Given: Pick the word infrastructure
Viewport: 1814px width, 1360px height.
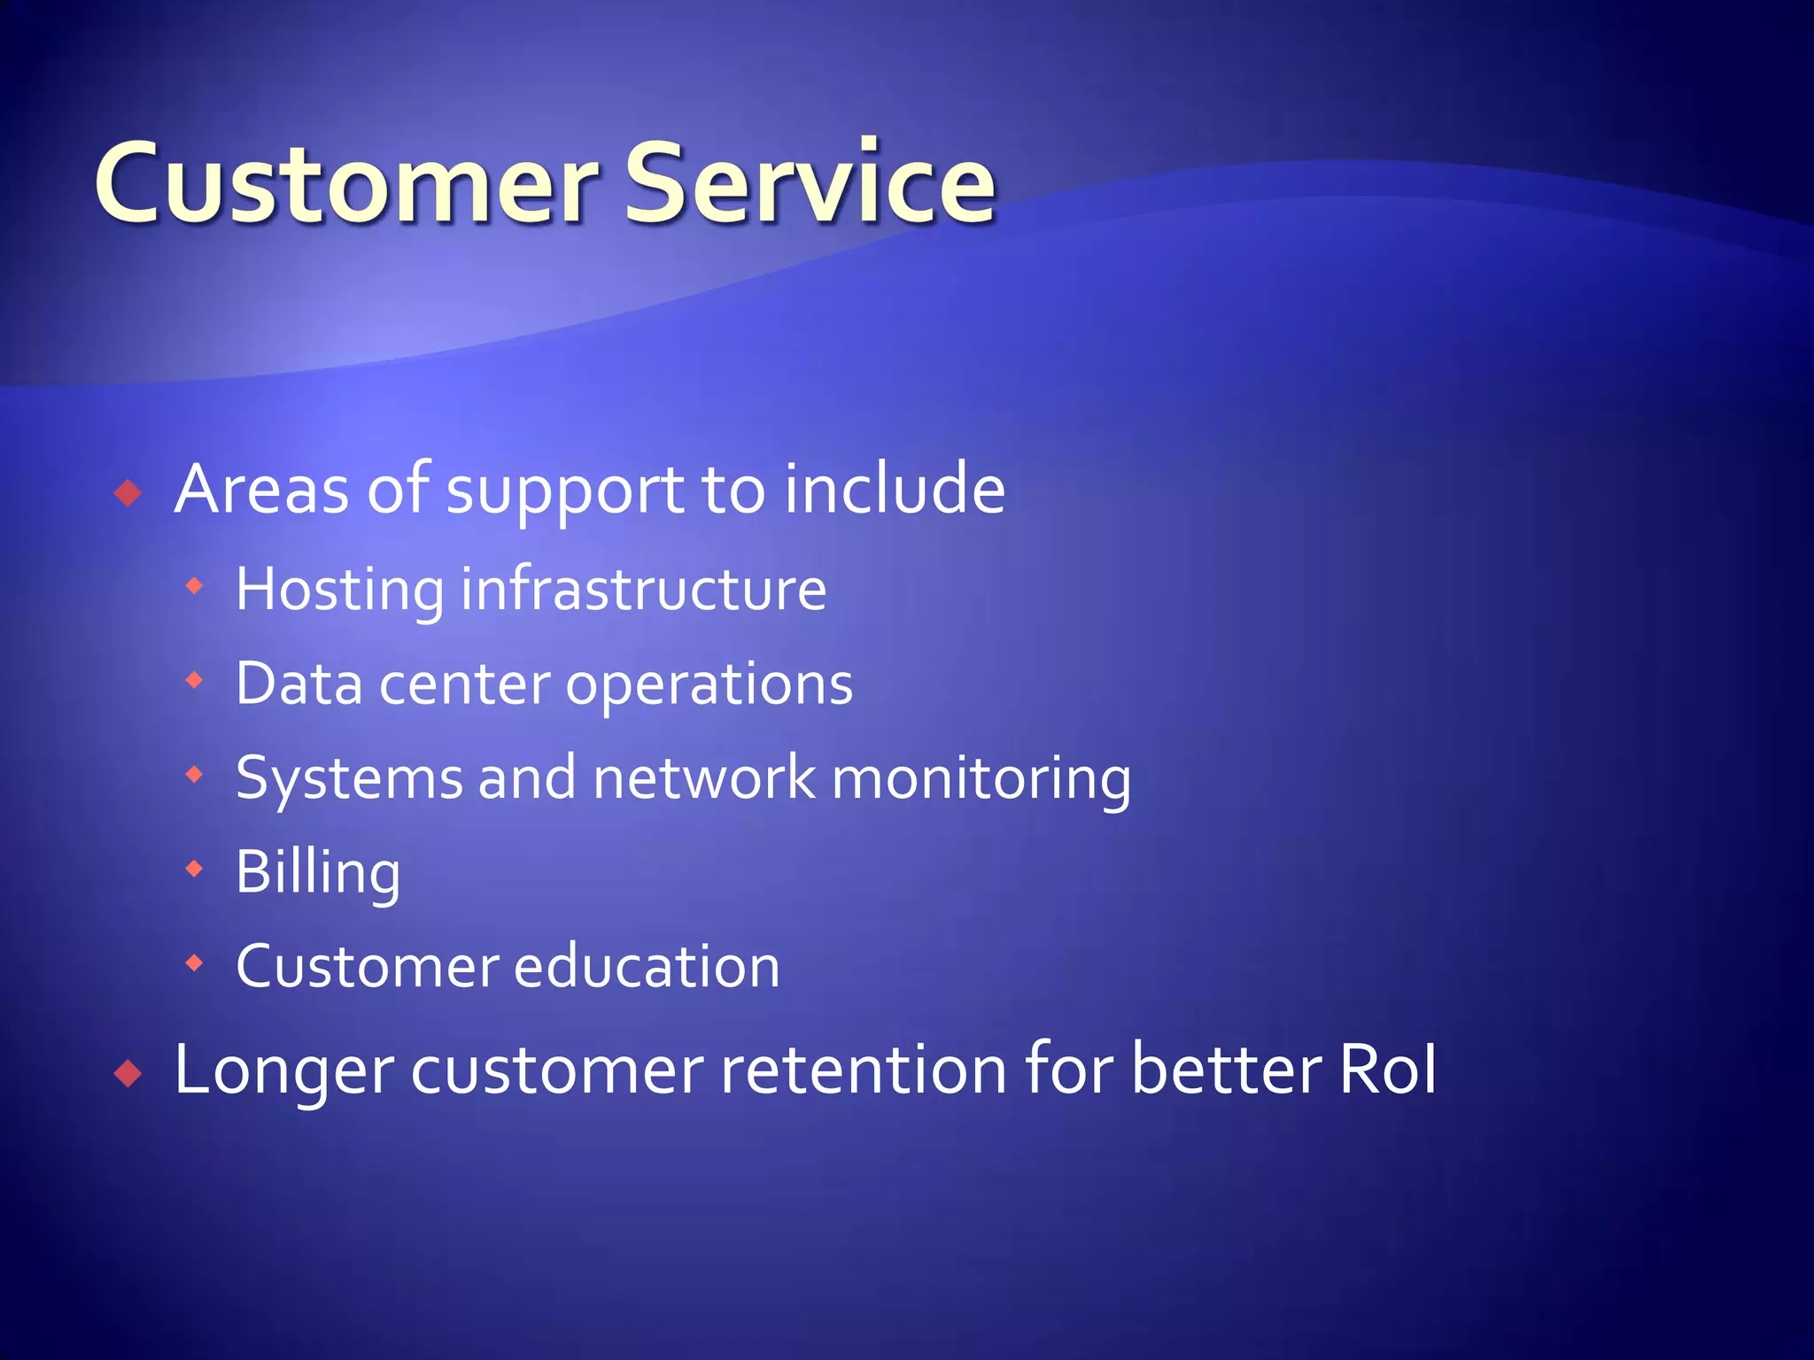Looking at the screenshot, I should [644, 590].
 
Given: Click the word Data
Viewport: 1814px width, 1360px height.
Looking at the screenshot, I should [298, 684].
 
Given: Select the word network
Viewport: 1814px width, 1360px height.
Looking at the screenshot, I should [704, 778].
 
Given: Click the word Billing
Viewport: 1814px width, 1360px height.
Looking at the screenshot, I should [318, 875].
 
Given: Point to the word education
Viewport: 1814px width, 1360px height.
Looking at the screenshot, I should [647, 966].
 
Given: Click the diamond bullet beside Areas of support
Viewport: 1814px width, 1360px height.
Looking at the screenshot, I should [128, 492].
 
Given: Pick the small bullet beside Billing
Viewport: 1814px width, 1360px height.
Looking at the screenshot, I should [195, 869].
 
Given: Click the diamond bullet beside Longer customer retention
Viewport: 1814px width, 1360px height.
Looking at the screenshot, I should [128, 1074].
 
